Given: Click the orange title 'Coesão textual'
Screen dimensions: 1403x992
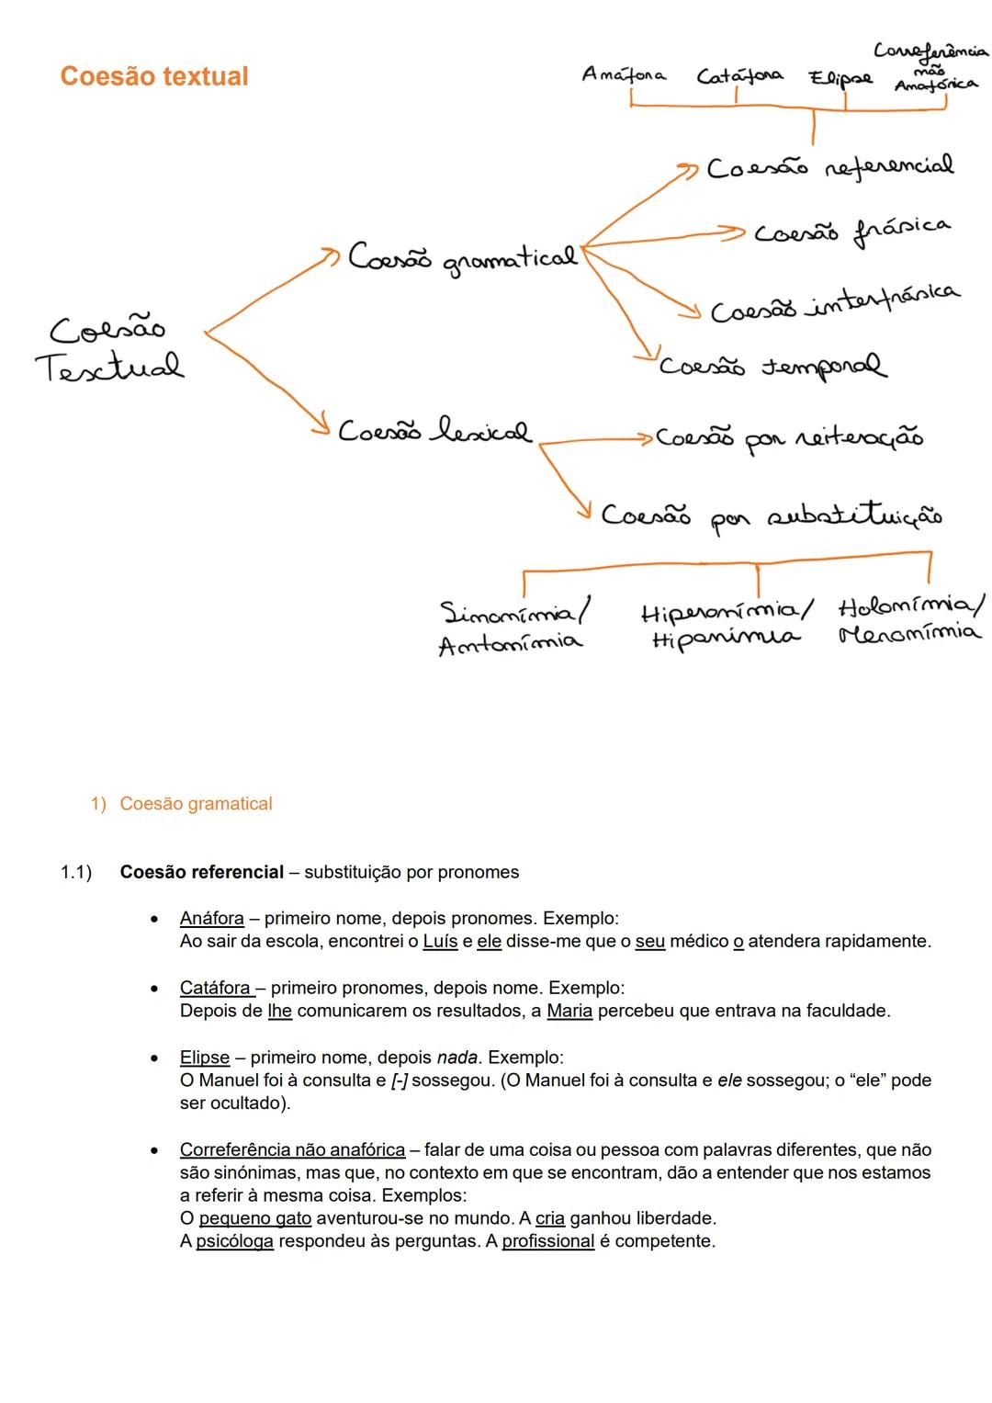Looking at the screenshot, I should (154, 76).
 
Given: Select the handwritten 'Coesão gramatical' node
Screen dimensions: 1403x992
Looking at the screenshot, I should (462, 258).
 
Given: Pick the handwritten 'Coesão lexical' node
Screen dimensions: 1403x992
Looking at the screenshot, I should (434, 431).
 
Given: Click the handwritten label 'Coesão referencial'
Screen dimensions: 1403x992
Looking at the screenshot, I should (829, 167).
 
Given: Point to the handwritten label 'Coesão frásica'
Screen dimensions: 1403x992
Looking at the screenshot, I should (851, 230).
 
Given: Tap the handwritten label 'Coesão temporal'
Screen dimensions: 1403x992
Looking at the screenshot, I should (772, 367).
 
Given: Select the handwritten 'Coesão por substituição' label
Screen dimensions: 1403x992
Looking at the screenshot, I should (771, 515).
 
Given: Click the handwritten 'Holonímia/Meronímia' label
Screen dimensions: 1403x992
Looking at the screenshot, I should (909, 619).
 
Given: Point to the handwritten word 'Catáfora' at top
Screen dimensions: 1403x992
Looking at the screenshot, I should (739, 76).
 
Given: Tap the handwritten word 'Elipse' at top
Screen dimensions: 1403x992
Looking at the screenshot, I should (840, 79).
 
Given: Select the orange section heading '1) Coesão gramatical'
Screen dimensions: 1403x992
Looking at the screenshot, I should (181, 804).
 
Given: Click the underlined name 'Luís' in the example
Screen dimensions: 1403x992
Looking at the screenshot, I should (440, 942).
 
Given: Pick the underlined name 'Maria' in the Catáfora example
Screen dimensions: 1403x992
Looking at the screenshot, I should (569, 1012).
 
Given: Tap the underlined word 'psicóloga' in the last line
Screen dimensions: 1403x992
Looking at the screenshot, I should (234, 1242).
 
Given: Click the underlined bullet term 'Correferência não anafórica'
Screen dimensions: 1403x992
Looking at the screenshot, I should (292, 1150).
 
